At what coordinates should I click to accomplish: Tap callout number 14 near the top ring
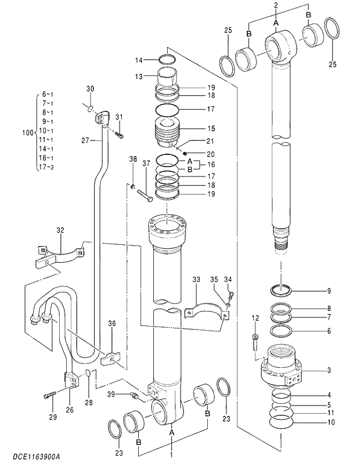coord(139,60)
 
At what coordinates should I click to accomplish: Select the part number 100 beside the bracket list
coord(27,133)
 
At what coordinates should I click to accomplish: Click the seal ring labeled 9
coord(282,289)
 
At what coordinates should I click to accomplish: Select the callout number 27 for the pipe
coord(85,140)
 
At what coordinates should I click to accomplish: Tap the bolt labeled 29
coord(49,397)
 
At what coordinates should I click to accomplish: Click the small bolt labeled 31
coord(119,135)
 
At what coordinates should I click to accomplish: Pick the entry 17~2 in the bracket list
coord(45,167)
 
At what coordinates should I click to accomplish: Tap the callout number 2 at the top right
coord(276,5)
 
